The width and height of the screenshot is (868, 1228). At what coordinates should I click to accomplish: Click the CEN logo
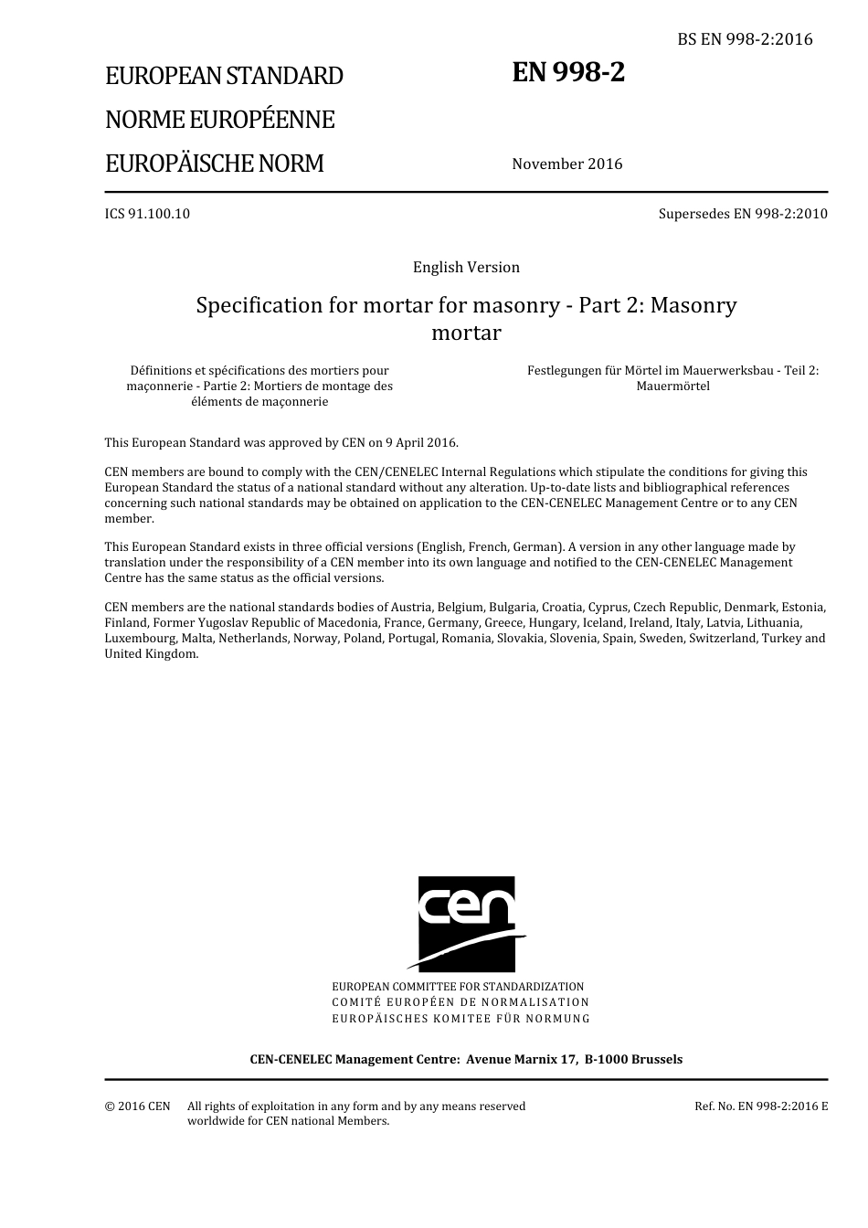pos(467,923)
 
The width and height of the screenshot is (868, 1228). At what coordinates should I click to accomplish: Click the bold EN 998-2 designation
pos(568,72)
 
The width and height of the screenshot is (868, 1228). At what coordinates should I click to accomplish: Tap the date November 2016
pos(566,164)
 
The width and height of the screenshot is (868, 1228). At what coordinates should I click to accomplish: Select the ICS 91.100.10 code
pos(147,214)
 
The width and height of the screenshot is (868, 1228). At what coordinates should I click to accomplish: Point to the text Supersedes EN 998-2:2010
pos(743,214)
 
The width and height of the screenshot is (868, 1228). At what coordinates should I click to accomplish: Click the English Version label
pos(466,268)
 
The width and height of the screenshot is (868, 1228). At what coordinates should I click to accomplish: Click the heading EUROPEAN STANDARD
pos(224,76)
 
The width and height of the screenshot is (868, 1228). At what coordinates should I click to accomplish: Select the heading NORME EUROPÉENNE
pos(219,120)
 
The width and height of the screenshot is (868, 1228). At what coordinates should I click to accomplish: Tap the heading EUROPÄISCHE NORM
pos(214,164)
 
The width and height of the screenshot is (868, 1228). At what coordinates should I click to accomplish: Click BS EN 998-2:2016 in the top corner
pos(745,39)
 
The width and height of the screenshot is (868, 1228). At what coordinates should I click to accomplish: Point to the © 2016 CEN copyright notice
pos(137,1106)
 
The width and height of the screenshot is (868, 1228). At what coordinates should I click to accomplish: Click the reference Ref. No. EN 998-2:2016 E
pos(761,1106)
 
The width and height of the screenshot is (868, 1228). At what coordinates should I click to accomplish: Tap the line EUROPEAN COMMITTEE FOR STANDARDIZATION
pos(458,987)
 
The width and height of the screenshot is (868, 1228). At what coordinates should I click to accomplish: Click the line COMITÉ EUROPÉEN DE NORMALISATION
pos(460,1002)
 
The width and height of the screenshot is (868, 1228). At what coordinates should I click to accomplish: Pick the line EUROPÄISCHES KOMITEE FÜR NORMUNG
pos(460,1018)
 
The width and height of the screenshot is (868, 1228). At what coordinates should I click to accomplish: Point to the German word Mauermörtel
pos(672,386)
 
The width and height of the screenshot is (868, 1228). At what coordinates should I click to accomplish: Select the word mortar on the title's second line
pos(466,333)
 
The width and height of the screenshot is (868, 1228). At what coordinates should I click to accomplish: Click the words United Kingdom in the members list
pos(151,654)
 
